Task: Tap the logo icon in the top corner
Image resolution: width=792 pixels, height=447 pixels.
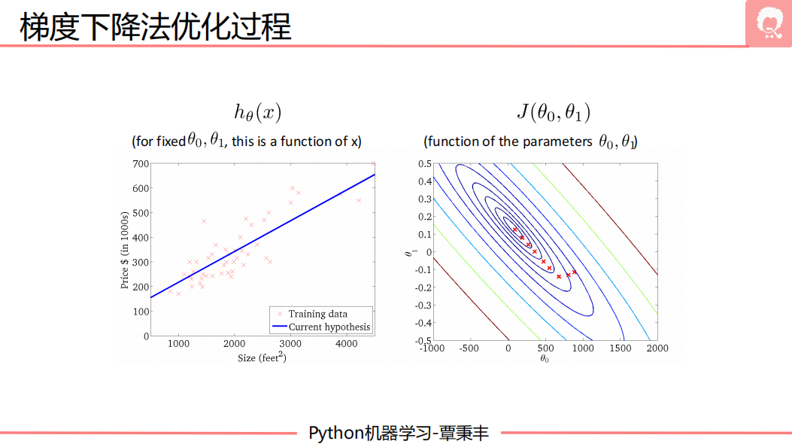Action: click(x=769, y=24)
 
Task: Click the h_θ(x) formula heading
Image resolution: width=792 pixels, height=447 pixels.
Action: click(x=258, y=114)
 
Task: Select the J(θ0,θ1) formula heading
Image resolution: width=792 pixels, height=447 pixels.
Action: click(x=553, y=113)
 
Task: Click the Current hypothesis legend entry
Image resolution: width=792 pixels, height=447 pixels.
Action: click(x=329, y=327)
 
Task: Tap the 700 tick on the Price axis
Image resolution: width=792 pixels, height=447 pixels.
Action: click(x=141, y=163)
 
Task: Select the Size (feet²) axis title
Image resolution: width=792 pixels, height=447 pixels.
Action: click(x=262, y=358)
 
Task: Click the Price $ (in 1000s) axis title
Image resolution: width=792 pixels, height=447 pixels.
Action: click(x=126, y=249)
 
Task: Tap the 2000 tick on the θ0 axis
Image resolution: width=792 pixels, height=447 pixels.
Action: click(x=657, y=348)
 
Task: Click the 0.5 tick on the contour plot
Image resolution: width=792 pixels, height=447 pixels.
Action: click(x=424, y=163)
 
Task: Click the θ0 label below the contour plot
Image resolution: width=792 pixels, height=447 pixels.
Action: click(x=545, y=359)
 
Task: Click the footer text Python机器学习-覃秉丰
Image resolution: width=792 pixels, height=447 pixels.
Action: click(x=399, y=433)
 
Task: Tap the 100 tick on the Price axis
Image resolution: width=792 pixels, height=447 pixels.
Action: click(x=141, y=312)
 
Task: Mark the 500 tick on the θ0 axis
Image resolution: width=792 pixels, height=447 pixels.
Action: click(x=545, y=348)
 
